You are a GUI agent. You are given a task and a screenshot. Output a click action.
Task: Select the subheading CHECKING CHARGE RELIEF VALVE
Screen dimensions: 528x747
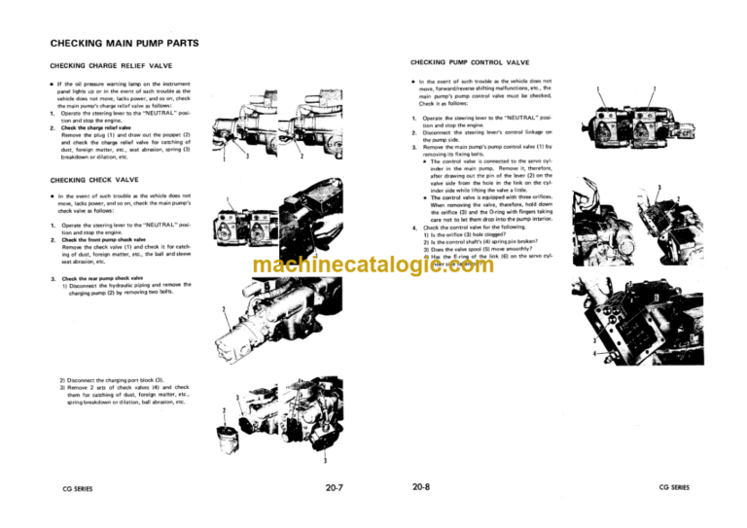109,66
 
